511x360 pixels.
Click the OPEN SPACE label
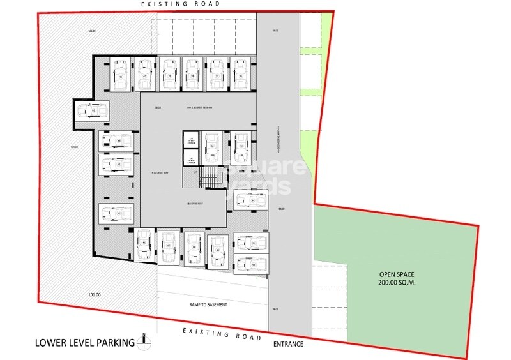pyautogui.click(x=395, y=274)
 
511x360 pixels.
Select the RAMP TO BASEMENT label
pyautogui.click(x=208, y=304)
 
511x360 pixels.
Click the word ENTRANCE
pyautogui.click(x=287, y=345)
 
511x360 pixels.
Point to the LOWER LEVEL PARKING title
pyautogui.click(x=84, y=343)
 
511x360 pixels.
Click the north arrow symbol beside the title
pyautogui.click(x=145, y=342)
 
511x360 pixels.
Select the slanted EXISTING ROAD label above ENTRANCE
pyautogui.click(x=222, y=332)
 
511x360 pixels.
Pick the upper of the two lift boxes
pyautogui.click(x=191, y=140)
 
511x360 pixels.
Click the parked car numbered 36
pyautogui.click(x=240, y=75)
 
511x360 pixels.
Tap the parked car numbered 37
pyautogui.click(x=217, y=75)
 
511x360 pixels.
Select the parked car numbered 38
pyautogui.click(x=192, y=75)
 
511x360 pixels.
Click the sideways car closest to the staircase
pyautogui.click(x=246, y=200)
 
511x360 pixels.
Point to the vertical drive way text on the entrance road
pyautogui.click(x=279, y=137)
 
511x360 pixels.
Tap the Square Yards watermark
pyautogui.click(x=256, y=177)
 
